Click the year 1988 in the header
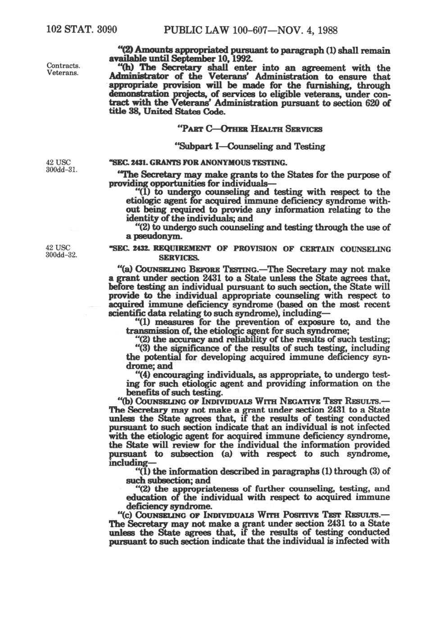tap(325, 30)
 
